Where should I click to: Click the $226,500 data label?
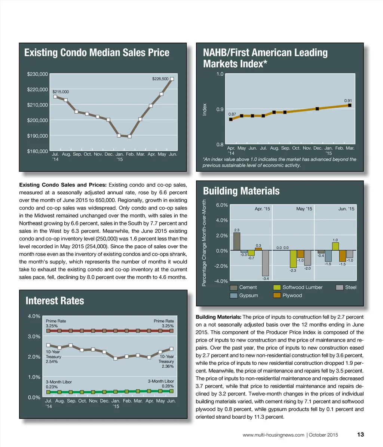(160, 79)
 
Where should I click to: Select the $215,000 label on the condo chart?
(61, 92)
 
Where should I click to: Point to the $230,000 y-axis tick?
(37, 74)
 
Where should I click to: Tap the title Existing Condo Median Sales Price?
(96, 52)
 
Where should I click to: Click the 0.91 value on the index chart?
(348, 101)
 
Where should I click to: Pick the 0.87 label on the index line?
(232, 114)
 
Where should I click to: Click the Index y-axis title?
(205, 109)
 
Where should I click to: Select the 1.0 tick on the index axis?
(220, 74)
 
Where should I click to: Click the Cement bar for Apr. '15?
(237, 241)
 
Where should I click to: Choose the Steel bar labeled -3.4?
(266, 263)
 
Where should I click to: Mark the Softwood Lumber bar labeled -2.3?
(293, 259)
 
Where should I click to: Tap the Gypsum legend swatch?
(234, 296)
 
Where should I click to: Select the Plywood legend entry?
(288, 296)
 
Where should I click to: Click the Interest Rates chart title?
(55, 301)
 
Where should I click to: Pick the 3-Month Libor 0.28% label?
(161, 383)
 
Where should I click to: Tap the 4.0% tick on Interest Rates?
(34, 316)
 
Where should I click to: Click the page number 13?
(361, 435)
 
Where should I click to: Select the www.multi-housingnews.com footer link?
(273, 435)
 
